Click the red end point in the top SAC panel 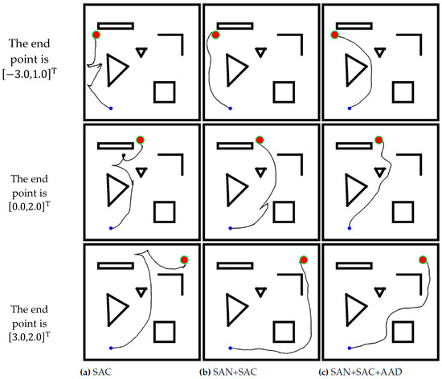point(96,35)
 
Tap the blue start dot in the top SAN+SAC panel point(231,108)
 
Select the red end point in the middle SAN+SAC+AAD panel point(379,140)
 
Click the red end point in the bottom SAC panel point(184,259)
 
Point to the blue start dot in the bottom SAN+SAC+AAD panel point(350,348)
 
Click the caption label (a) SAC point(96,372)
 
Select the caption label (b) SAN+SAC point(228,372)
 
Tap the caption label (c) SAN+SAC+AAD point(360,372)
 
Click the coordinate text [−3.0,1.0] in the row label point(29,75)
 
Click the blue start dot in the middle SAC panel point(111,228)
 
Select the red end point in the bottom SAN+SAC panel point(303,259)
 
